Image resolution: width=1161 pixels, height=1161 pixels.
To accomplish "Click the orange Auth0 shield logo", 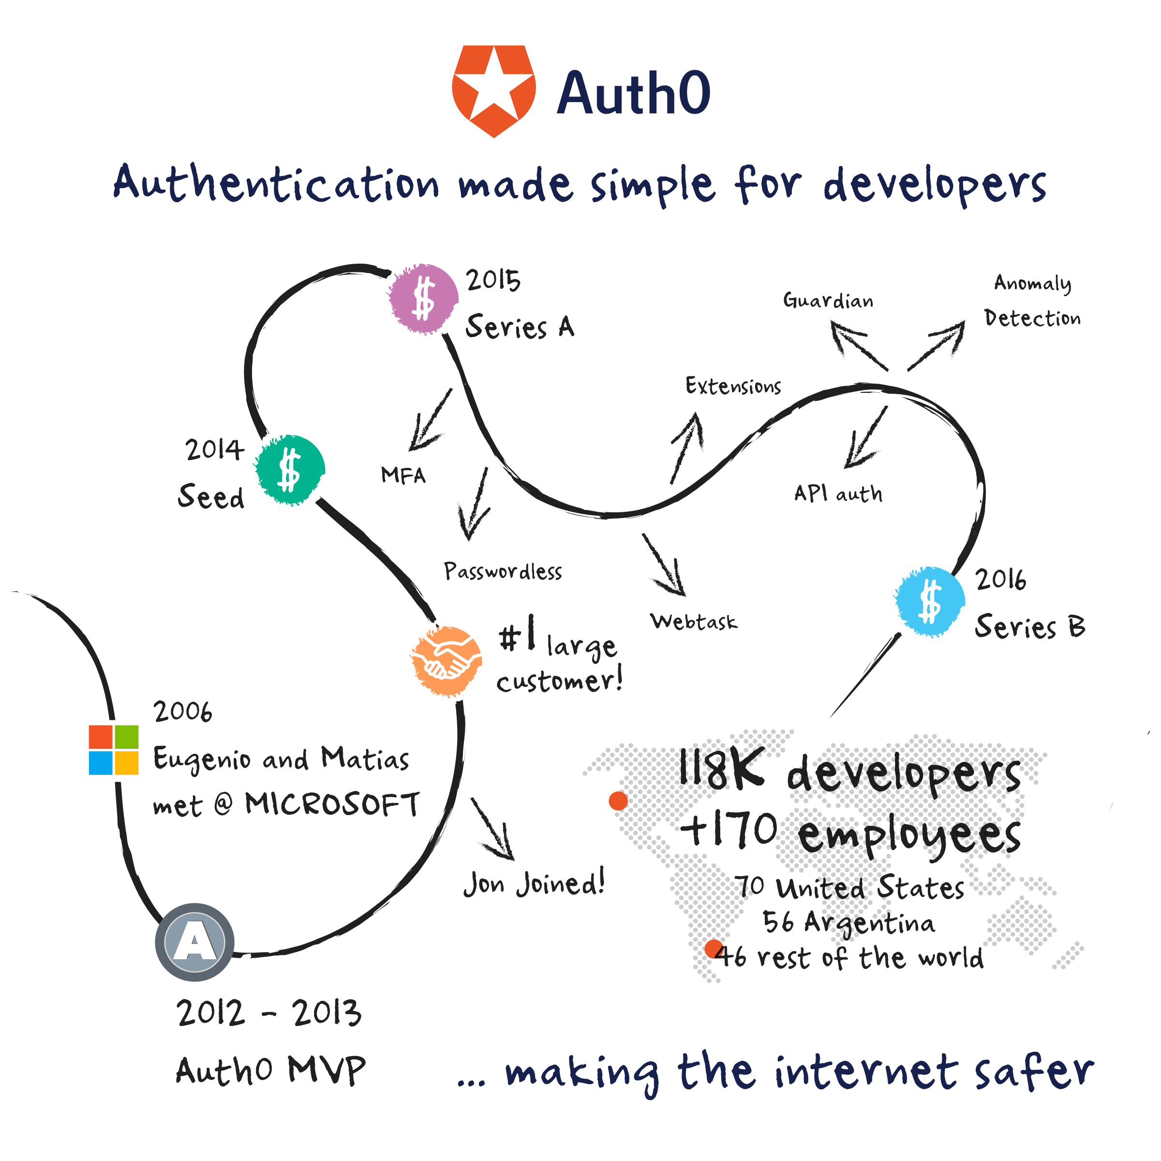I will [x=493, y=90].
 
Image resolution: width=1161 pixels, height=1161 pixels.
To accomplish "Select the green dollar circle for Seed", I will [x=290, y=469].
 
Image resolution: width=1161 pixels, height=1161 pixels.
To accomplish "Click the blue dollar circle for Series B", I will [x=930, y=601].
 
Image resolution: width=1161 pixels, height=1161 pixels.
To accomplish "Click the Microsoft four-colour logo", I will [x=114, y=749].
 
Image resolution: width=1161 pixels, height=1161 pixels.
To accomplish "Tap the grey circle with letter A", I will [x=194, y=942].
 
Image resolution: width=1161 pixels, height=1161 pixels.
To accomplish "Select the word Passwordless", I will [x=503, y=571].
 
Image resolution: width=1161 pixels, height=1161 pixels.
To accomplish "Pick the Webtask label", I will [x=694, y=621].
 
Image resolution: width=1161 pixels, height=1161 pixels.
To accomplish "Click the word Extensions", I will [x=733, y=386].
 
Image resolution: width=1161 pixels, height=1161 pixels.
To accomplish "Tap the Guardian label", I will [x=828, y=300].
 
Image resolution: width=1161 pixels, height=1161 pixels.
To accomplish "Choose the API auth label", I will [x=838, y=493].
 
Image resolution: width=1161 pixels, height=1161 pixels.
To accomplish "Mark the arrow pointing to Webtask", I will [x=665, y=566].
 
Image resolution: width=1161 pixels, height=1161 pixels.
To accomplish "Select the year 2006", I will [x=183, y=712].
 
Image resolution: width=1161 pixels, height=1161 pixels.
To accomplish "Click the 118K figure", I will [x=722, y=769].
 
